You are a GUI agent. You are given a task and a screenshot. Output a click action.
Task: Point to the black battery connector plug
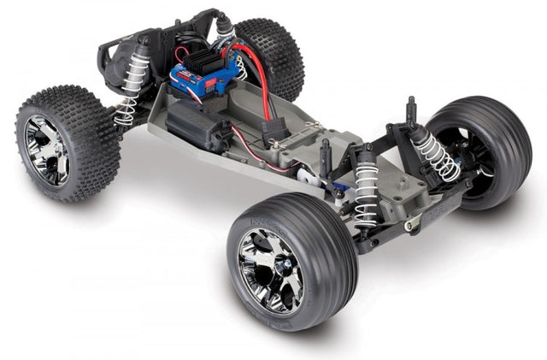(276, 132)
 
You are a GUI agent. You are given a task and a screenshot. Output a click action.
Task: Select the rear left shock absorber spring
(131, 90)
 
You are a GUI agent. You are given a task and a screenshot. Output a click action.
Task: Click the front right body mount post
(411, 110)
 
